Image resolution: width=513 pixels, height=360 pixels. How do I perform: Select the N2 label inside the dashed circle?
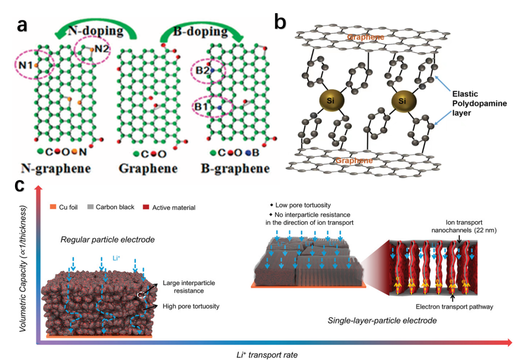click(x=101, y=49)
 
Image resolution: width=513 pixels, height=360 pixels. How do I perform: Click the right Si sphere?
click(x=402, y=102)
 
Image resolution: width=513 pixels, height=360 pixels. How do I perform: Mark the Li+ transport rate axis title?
click(x=267, y=354)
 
